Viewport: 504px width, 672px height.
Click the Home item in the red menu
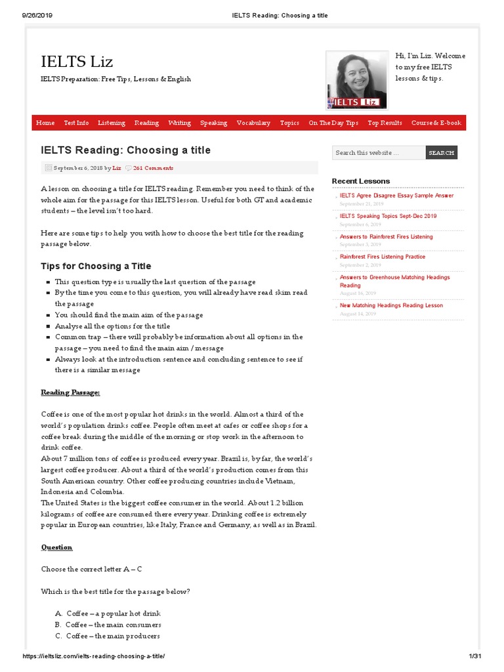tap(45, 123)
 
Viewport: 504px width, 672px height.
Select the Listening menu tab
tap(112, 123)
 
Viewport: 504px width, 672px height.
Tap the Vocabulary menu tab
tap(253, 123)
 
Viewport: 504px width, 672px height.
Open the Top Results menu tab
tap(385, 123)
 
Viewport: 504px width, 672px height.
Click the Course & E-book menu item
tap(436, 123)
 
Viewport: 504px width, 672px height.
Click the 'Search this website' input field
tap(378, 153)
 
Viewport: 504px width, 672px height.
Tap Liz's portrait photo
tap(356, 81)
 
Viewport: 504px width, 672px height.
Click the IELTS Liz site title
tap(77, 62)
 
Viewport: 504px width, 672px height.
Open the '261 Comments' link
tap(153, 168)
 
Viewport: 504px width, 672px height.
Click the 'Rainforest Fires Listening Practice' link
tap(383, 257)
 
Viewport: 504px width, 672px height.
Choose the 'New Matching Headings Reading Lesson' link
tap(391, 305)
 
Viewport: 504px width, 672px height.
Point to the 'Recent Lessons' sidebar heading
tap(360, 181)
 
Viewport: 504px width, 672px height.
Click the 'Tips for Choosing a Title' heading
tap(96, 266)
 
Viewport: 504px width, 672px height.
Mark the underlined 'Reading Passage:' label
tap(71, 392)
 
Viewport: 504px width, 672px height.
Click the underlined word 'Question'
tap(57, 547)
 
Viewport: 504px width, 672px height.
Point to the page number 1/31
tap(475, 657)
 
